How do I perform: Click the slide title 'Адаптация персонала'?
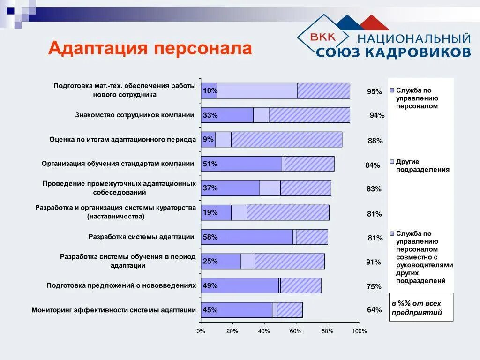[x=150, y=48]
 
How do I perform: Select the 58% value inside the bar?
[x=210, y=237]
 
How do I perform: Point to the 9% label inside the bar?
[x=208, y=139]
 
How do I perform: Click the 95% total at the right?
[x=375, y=91]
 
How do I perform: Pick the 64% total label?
[x=375, y=309]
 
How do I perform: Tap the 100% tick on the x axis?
[x=359, y=331]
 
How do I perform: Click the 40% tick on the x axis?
[x=264, y=331]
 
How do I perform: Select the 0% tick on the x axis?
[x=201, y=331]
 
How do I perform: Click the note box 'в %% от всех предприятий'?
[x=421, y=307]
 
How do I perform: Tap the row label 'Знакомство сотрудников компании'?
[x=135, y=115]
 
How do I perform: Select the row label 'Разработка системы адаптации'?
[x=141, y=237]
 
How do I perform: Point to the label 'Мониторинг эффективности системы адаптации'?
[x=113, y=310]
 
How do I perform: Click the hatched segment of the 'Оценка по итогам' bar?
[x=286, y=140]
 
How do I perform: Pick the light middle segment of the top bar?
[x=257, y=91]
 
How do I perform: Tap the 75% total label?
[x=375, y=286]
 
